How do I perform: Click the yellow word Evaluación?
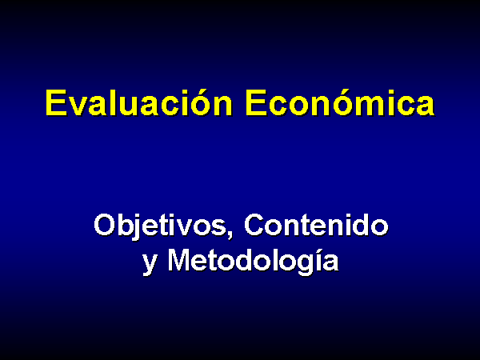[x=139, y=103]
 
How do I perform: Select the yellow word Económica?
[x=340, y=103]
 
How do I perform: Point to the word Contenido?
[x=316, y=225]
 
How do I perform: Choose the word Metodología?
[x=253, y=261]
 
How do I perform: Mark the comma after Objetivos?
[x=230, y=234]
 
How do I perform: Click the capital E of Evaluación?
[x=56, y=103]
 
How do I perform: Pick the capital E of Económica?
[x=256, y=103]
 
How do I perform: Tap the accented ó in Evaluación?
[x=200, y=103]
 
